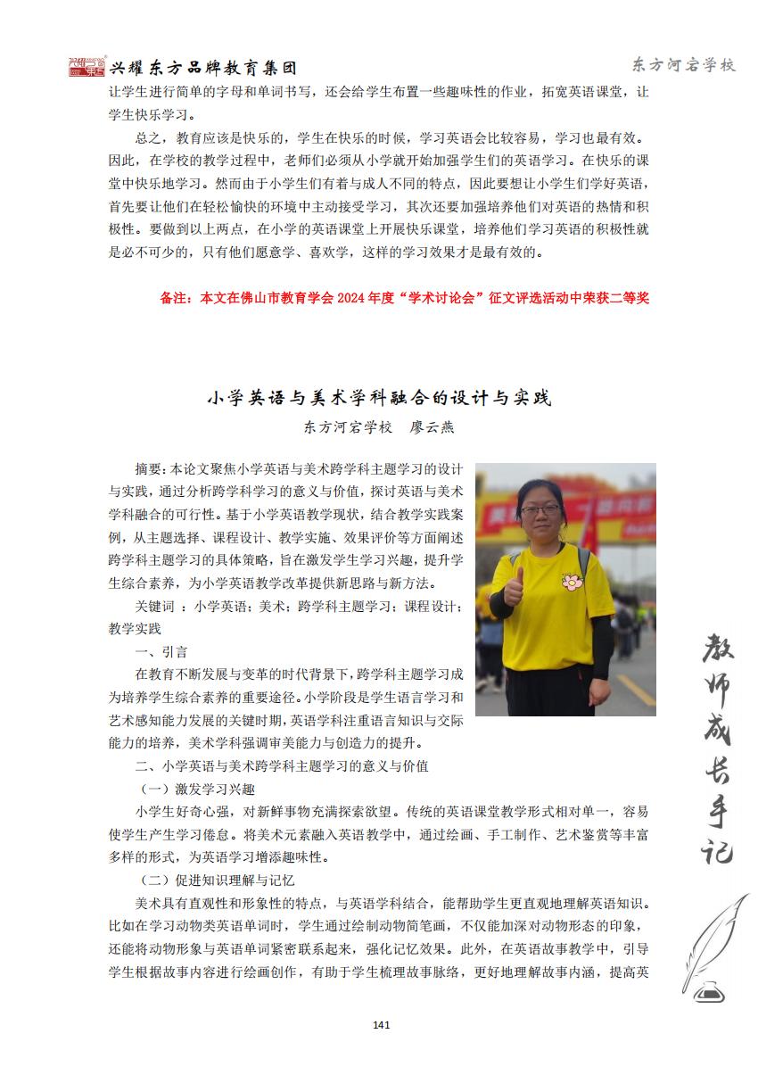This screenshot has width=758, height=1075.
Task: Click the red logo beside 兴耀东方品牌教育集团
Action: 87,67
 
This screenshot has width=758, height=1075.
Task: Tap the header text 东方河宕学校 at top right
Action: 683,65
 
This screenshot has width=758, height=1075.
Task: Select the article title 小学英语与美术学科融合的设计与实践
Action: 379,398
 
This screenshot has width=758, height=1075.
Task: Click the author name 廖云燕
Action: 432,427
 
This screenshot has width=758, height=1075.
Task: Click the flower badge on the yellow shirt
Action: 572,582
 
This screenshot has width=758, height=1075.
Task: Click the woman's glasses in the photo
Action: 540,509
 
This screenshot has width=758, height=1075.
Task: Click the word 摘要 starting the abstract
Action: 148,468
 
